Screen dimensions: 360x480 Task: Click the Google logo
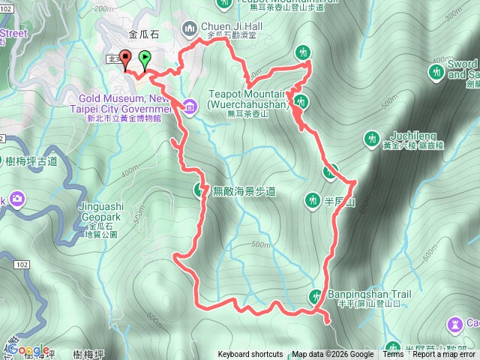coord(28,350)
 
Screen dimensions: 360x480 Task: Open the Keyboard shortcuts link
coord(250,355)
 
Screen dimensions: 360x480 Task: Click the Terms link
coord(393,355)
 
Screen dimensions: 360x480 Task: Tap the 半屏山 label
coord(338,201)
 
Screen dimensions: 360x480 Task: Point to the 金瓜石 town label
coord(143,34)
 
